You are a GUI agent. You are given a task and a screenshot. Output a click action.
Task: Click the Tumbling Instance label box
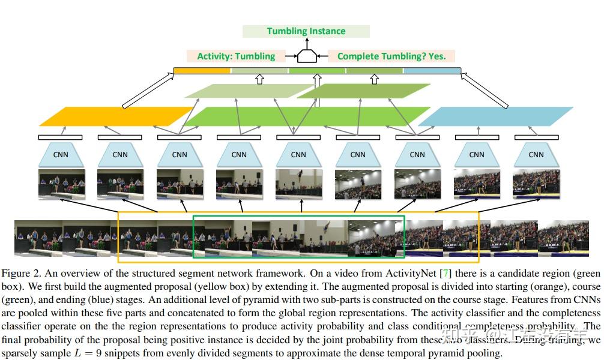pyautogui.click(x=306, y=31)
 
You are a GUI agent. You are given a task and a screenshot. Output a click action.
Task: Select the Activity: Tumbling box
pyautogui.click(x=236, y=56)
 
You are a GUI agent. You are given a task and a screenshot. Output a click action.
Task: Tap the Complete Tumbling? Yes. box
pyautogui.click(x=391, y=56)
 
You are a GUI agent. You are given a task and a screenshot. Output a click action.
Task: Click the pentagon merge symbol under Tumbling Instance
pyautogui.click(x=307, y=56)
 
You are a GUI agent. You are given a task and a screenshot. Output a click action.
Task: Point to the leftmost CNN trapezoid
pyautogui.click(x=61, y=155)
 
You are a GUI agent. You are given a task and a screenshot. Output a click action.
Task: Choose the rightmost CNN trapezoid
pyautogui.click(x=536, y=155)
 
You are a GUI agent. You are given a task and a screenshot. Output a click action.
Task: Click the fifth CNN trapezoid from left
pyautogui.click(x=298, y=155)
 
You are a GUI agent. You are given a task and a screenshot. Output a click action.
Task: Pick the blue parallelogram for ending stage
pyautogui.click(x=495, y=116)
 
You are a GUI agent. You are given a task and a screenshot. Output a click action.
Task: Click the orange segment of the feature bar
pyautogui.click(x=202, y=71)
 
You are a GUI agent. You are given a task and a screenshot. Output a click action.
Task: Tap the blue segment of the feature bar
pyautogui.click(x=432, y=71)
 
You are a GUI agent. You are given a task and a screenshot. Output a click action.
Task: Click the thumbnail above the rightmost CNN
pyautogui.click(x=536, y=184)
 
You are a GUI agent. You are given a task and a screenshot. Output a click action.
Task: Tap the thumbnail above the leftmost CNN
pyautogui.click(x=61, y=184)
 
